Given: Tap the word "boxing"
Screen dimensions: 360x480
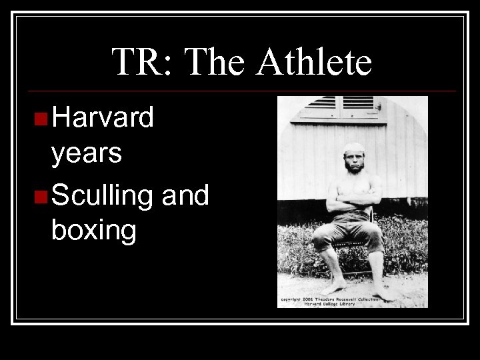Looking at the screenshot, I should pos(93,231).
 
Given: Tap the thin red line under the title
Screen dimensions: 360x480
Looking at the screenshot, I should pos(240,91).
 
